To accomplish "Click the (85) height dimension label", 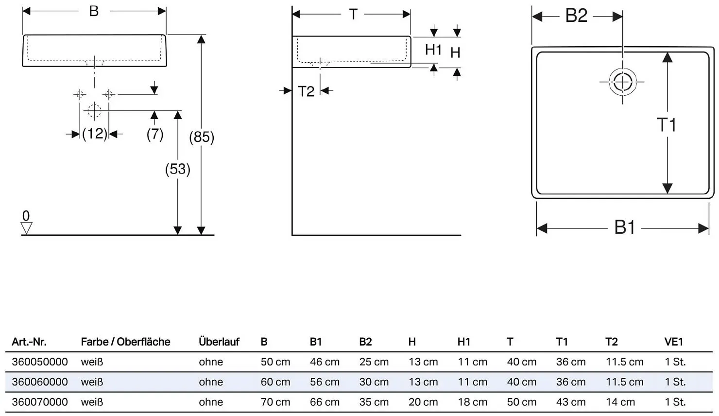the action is pos(202,137).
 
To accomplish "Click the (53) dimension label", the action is pos(177,169).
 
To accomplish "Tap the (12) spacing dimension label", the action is pos(94,134).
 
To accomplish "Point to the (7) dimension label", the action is pos(155,134).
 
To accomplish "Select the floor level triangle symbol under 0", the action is pos(26,228).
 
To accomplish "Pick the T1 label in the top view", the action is pos(667,124).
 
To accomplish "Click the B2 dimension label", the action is pos(576,16).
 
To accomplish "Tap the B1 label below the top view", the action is pos(625,227).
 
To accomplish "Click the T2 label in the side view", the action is pos(306,91).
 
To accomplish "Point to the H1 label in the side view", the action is pos(433,50).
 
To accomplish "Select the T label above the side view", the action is pos(353,14).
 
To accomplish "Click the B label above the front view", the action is pos(94,11).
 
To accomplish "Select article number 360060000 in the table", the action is pos(40,382).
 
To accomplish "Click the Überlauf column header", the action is pos(219,342).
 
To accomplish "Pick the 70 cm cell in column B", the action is pos(275,402).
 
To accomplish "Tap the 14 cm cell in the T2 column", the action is pos(620,402).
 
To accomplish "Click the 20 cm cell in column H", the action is pos(423,402).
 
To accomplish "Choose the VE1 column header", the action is pos(674,342).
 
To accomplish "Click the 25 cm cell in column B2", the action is pos(374,362).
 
